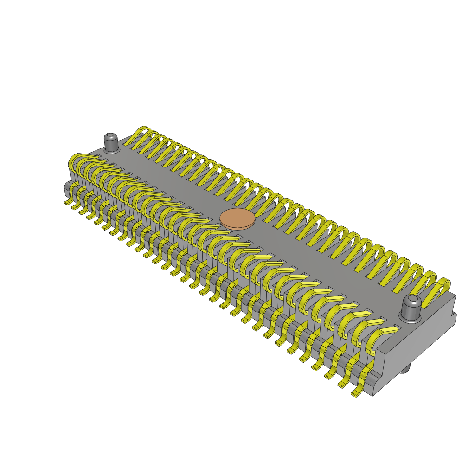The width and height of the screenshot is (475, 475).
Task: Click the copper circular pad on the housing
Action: (237, 218)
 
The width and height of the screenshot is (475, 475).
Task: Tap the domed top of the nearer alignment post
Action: (412, 301)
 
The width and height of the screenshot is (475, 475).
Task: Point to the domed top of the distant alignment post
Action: (111, 137)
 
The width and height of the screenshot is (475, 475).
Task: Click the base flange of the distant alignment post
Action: (111, 150)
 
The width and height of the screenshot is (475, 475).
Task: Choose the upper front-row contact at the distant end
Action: (79, 160)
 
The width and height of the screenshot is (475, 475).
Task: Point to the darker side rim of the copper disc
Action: (237, 226)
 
